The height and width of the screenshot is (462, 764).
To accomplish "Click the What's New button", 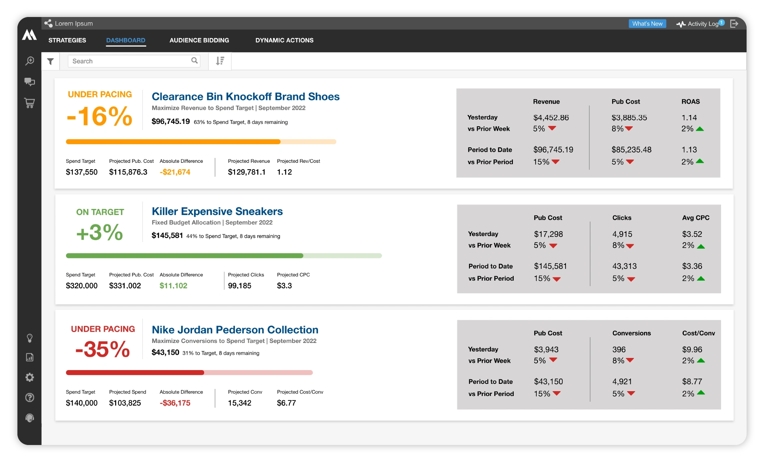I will pos(647,24).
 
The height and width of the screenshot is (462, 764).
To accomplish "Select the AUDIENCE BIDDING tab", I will pos(199,40).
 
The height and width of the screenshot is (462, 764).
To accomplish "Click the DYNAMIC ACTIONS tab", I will pos(284,40).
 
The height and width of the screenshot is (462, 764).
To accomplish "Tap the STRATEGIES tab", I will pos(67,40).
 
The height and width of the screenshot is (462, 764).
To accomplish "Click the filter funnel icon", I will pos(50,62).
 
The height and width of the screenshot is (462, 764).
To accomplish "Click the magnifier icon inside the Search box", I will pos(194,61).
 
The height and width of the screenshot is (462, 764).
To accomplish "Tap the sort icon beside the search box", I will pos(220,61).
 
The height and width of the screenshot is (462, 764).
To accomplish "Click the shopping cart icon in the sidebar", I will pos(30,103).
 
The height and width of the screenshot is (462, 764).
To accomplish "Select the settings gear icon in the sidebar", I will pos(30,377).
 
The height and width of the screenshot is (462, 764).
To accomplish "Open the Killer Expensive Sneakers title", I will pos(217,211).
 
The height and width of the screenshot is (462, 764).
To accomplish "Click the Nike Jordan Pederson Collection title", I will pos(235,330).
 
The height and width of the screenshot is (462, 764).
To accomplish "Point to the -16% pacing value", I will pos(100,117).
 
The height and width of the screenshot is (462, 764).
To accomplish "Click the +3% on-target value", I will pos(100,232).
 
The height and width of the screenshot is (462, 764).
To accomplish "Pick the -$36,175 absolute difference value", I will pos(175,403).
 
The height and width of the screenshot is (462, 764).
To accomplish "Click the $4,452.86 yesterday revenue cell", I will pos(551,118).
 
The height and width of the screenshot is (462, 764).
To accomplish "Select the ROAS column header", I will pos(690,102).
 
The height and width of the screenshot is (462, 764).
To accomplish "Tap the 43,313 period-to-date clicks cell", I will pos(624,266).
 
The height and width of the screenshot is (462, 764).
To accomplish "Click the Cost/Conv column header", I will pos(698,333).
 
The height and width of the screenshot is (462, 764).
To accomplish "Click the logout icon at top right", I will pos(734,24).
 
